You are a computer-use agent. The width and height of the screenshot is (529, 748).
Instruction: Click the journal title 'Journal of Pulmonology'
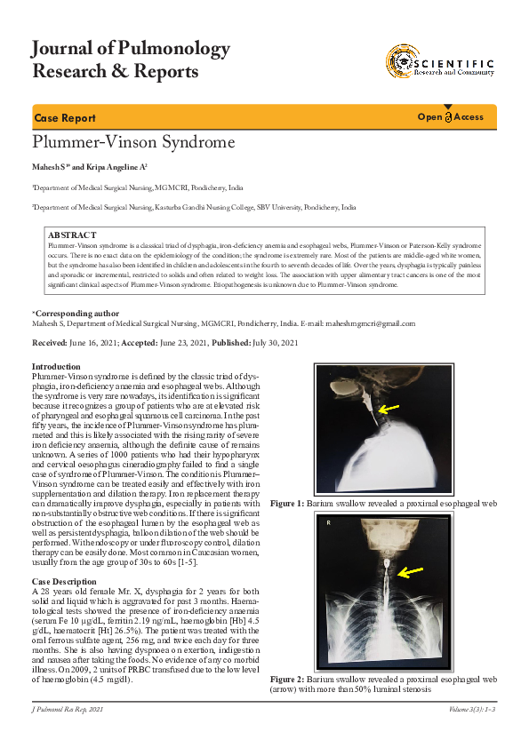tap(131, 49)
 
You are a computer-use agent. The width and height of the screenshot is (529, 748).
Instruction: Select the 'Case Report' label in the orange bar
tap(65, 118)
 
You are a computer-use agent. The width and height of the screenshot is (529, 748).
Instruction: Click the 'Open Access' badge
tap(451, 117)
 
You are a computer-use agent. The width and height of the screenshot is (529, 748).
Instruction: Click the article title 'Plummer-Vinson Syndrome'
tap(133, 141)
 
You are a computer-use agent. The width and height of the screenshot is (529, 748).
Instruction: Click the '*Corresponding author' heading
tap(76, 314)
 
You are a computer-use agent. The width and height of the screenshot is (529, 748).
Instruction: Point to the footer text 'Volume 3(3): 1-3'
tap(473, 708)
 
